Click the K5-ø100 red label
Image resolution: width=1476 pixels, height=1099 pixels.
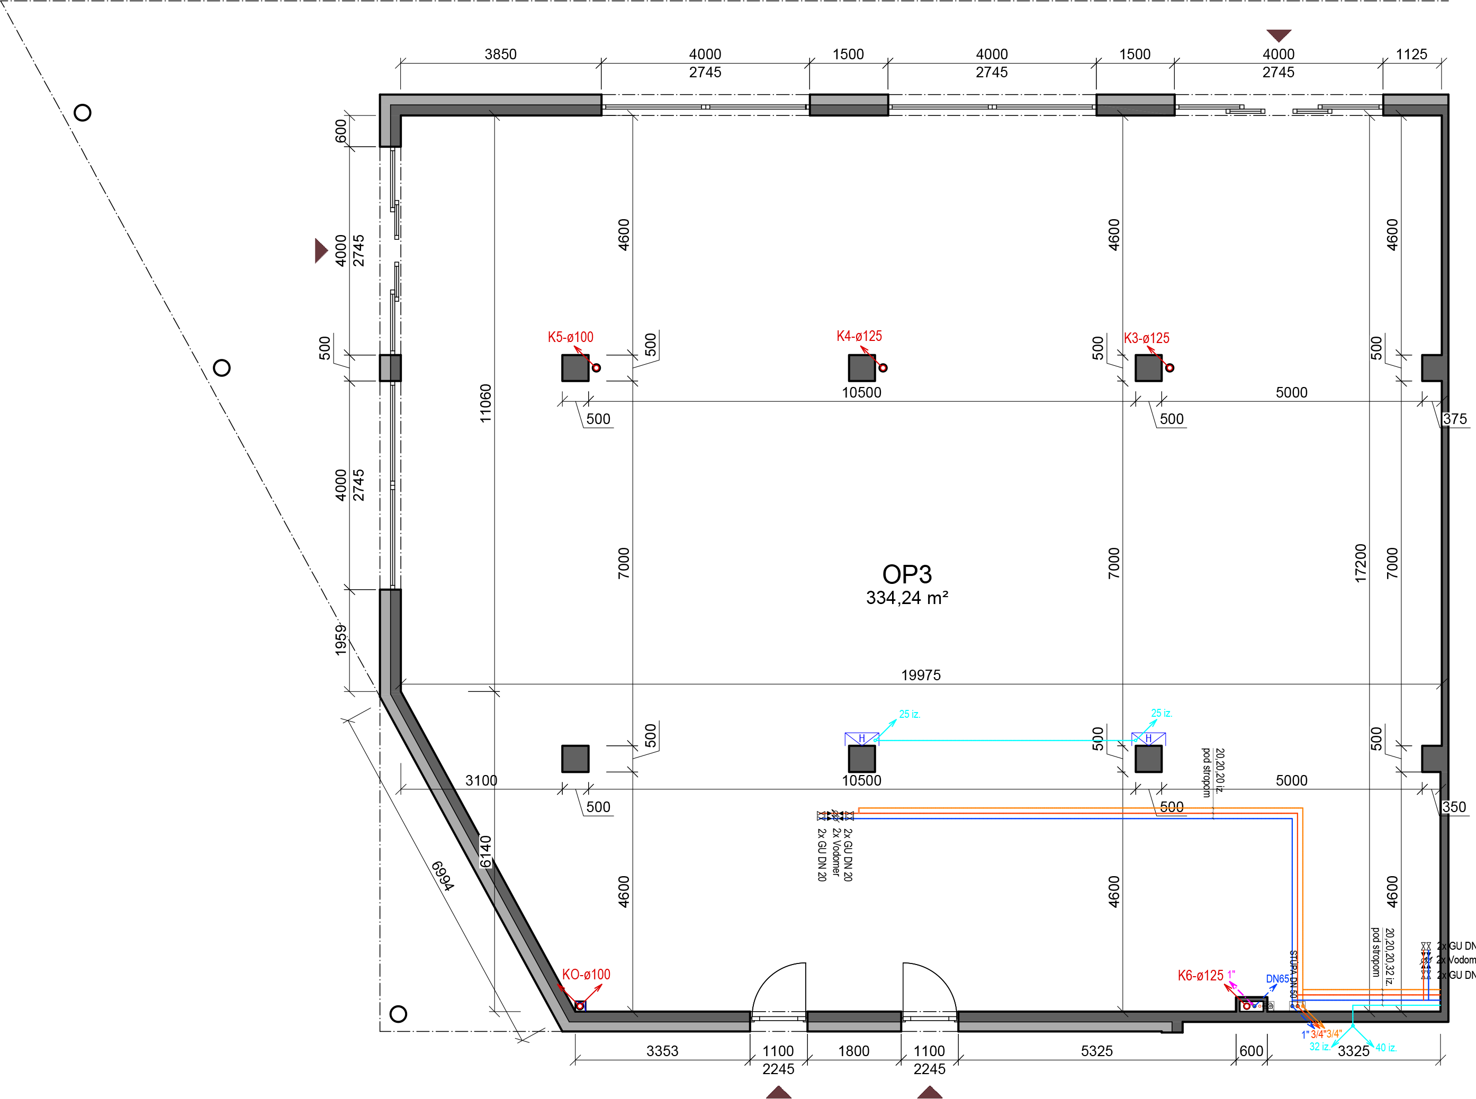570,337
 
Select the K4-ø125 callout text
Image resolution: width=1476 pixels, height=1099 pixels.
859,336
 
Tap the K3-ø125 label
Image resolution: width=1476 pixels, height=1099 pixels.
1146,338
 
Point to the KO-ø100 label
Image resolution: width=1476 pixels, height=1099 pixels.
586,975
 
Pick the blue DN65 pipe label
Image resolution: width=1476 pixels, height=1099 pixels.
1276,979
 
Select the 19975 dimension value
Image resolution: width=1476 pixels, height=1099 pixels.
921,675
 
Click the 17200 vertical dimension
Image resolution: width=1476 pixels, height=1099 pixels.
1360,563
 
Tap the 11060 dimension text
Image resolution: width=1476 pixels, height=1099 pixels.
485,403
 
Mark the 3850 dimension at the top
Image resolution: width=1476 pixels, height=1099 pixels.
500,55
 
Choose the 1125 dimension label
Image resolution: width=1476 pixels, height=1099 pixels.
1411,55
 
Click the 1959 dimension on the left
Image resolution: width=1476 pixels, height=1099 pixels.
340,640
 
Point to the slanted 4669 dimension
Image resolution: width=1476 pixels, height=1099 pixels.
443,876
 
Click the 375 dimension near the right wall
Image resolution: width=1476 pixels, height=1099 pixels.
1455,419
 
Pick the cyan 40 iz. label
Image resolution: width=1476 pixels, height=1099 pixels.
1385,1048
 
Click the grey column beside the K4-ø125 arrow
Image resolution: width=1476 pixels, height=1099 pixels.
861,368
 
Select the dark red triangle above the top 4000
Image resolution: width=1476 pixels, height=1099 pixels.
1279,34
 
